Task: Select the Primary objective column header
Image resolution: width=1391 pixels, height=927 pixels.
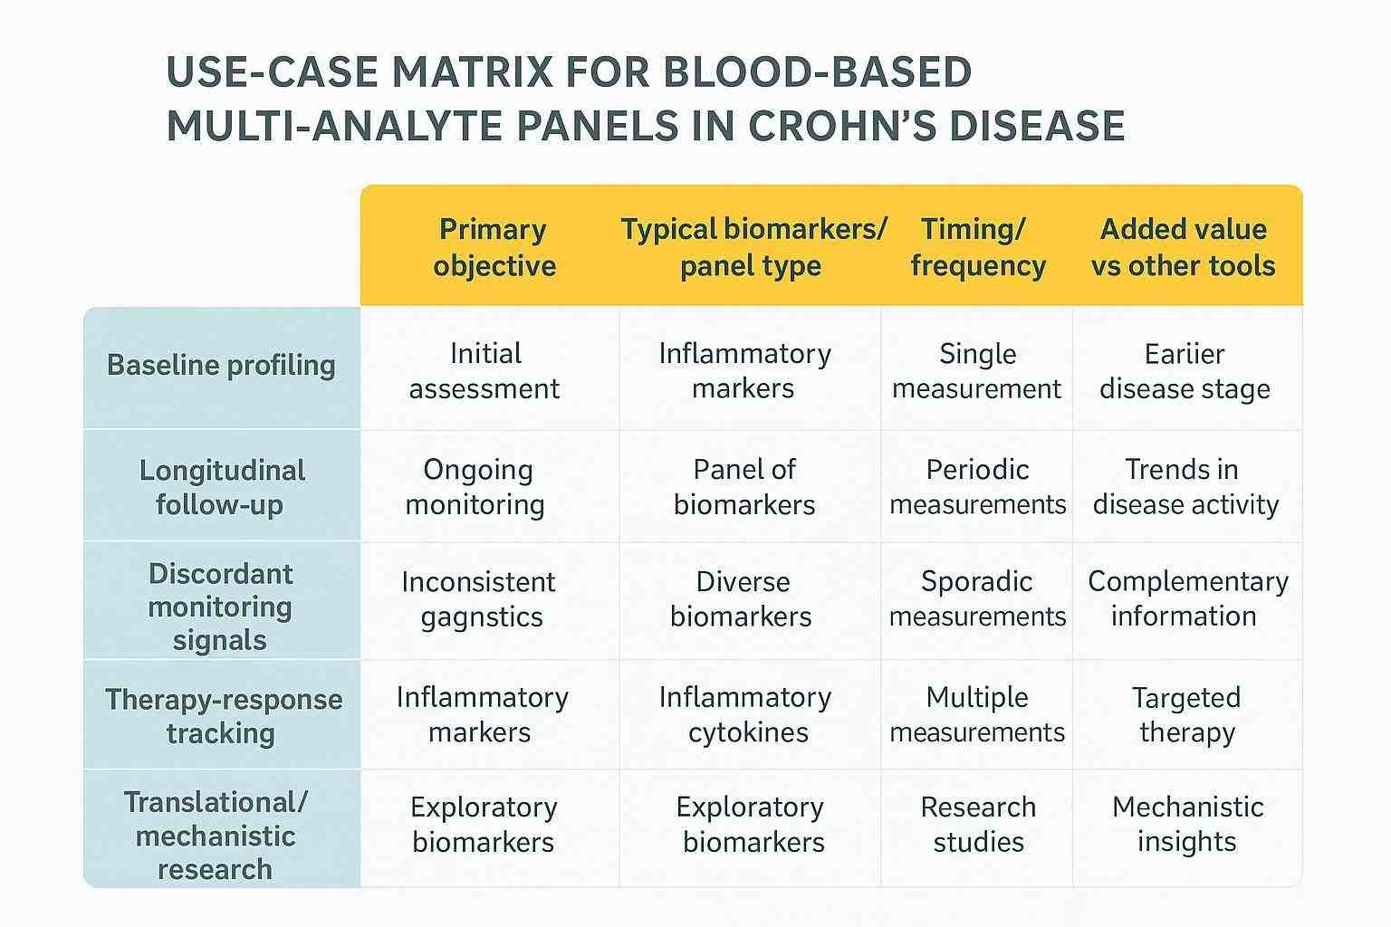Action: (494, 247)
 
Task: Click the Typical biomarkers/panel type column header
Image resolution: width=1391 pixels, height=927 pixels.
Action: (752, 247)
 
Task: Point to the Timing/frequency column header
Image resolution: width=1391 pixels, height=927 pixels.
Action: (977, 247)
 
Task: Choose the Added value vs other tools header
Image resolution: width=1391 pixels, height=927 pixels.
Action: (1183, 247)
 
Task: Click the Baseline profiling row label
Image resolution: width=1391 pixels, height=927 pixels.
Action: (221, 365)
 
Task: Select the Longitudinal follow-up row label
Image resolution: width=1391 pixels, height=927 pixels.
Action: (221, 487)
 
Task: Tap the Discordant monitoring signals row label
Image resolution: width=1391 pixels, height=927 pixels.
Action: (220, 607)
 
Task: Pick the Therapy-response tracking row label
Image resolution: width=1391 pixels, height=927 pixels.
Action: (223, 715)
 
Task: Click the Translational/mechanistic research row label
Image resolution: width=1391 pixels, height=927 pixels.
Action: (216, 835)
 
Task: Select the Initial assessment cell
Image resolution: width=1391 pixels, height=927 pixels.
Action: (484, 371)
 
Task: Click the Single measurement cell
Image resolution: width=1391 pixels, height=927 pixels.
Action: (976, 371)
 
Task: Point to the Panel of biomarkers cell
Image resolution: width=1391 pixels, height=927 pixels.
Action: (744, 487)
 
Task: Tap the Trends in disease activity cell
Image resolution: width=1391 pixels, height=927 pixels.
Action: (1185, 487)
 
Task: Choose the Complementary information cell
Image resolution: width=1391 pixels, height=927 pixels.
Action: (1186, 598)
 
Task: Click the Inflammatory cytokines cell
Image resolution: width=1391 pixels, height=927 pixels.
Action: (746, 714)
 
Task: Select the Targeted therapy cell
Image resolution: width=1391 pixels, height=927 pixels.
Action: (1186, 714)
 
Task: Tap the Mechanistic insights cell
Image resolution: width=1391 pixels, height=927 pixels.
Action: (1186, 824)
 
